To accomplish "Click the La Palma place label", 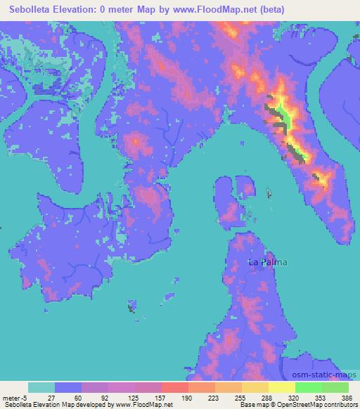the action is [x=268, y=262].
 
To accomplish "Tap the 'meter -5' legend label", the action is [x=15, y=396].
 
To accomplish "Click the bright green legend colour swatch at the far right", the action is [x=335, y=387].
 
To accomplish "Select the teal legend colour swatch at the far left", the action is [x=41, y=387].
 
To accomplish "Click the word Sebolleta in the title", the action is [x=31, y=10].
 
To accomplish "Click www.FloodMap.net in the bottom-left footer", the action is [x=141, y=405].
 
